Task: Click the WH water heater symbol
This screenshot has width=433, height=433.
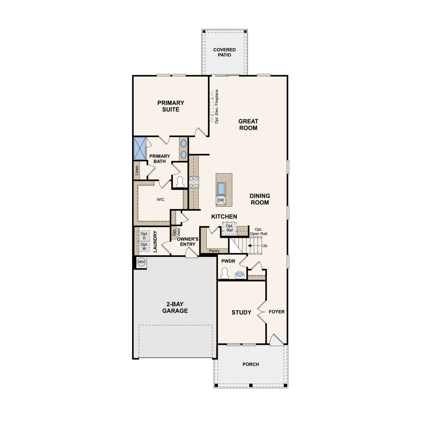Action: tap(141, 262)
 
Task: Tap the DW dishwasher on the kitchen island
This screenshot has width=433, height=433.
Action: tap(221, 200)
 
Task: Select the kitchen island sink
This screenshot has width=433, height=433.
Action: tap(221, 189)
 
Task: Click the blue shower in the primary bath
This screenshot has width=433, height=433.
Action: tap(140, 148)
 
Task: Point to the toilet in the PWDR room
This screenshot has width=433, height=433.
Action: tap(225, 273)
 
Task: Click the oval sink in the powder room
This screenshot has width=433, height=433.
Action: tap(240, 275)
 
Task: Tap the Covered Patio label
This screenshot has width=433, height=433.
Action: tap(224, 52)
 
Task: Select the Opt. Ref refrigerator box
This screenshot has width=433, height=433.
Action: tap(229, 228)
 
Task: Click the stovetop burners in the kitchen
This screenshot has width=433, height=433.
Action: tap(194, 182)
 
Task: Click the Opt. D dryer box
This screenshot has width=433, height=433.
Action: tap(144, 236)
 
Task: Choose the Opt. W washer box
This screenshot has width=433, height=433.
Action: tap(144, 247)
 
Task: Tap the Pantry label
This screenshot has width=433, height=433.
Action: tap(214, 251)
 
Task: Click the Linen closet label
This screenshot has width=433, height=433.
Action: tap(137, 170)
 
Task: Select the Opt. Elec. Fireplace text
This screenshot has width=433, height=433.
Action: tap(216, 107)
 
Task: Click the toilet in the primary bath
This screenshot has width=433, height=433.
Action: tap(180, 182)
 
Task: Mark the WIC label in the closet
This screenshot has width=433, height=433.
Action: tap(160, 199)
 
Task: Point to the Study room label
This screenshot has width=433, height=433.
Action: tap(241, 312)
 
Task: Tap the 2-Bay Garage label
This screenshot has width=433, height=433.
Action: tap(175, 307)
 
